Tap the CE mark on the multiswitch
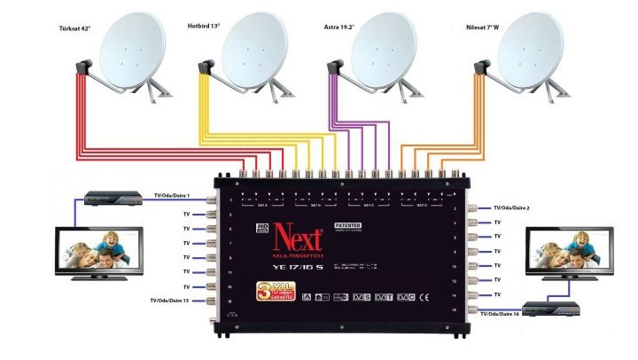click(x=424, y=296)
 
